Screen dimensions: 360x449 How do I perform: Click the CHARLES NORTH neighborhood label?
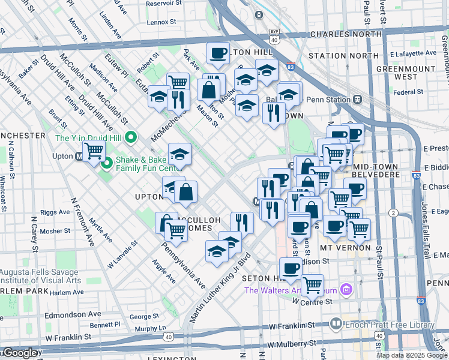click(345, 34)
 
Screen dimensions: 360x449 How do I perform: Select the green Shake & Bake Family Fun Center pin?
click(107, 163)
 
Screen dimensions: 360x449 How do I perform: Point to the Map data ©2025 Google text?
click(412, 355)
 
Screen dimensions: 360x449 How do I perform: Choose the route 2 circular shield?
click(394, 212)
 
